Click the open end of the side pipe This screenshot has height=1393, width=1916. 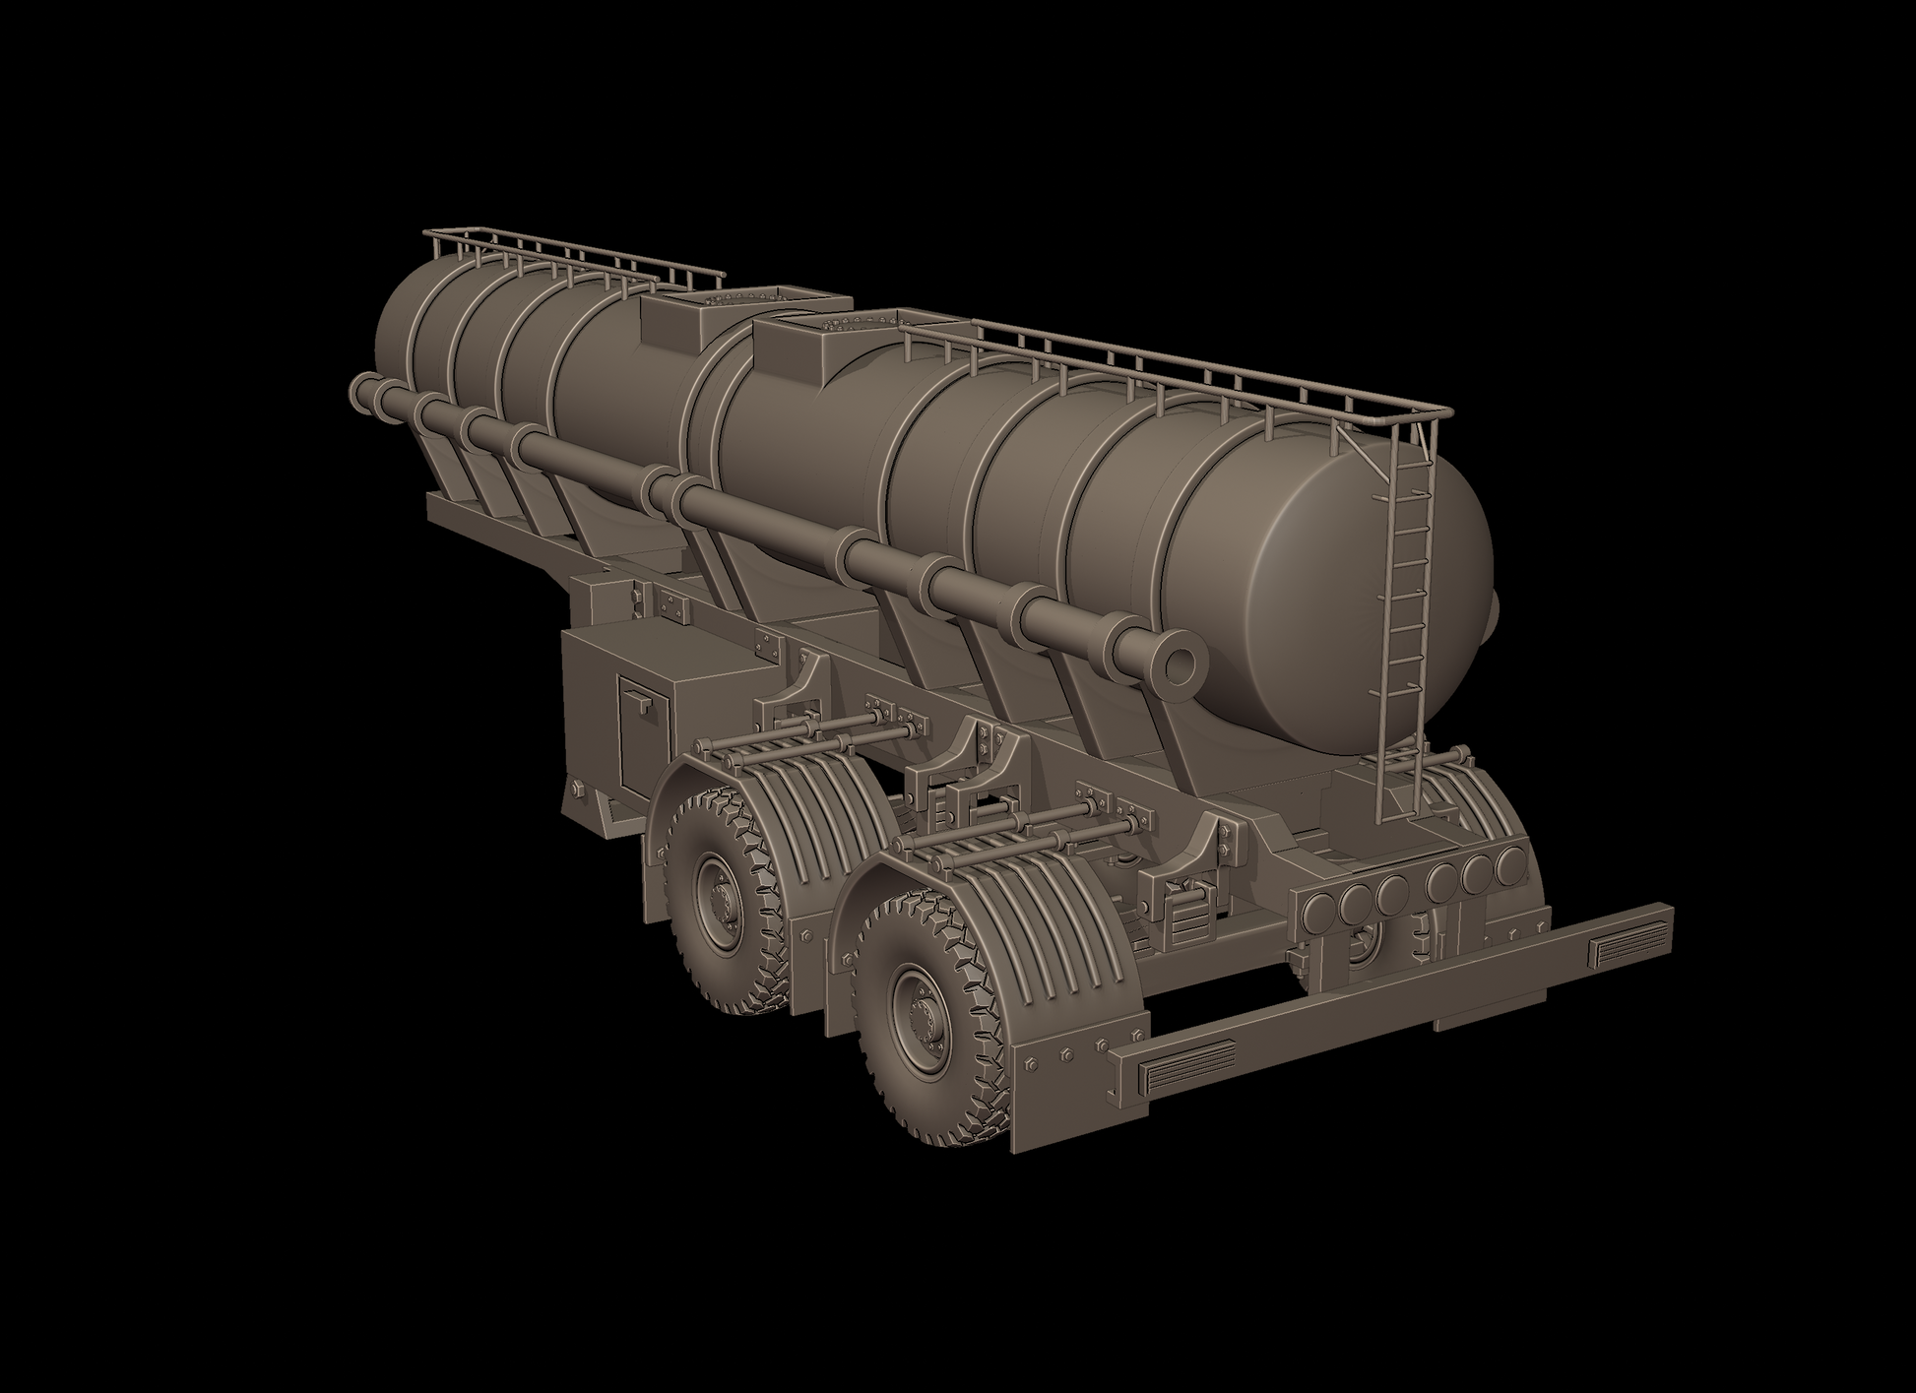point(1179,666)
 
